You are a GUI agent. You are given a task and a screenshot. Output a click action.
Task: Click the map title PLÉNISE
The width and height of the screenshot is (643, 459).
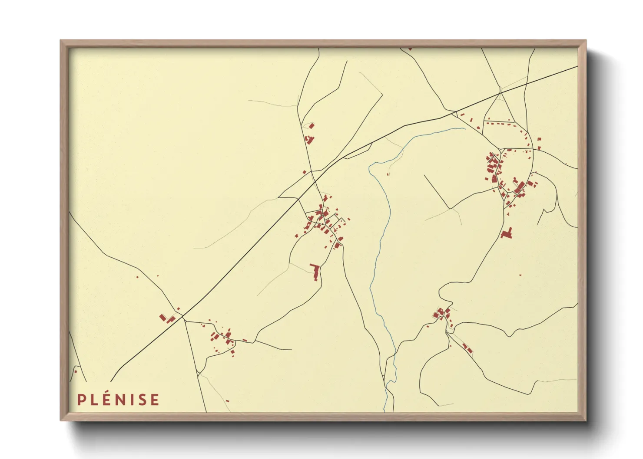(118, 400)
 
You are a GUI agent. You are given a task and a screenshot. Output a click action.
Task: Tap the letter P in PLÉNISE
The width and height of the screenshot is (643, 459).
(81, 400)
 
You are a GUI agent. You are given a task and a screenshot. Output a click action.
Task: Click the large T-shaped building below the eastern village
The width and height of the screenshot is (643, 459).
(507, 233)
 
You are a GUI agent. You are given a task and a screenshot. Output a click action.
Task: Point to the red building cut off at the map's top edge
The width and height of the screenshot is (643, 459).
(410, 49)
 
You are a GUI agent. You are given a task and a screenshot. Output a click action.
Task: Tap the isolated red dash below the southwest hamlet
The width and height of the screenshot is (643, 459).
(227, 401)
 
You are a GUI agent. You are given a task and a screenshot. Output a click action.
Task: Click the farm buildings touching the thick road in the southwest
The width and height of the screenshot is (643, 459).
(167, 318)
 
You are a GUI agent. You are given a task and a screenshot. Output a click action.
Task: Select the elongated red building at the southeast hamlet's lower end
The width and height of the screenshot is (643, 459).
(467, 348)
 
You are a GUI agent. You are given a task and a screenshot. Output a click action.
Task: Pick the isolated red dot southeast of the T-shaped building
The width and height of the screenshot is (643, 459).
(520, 275)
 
